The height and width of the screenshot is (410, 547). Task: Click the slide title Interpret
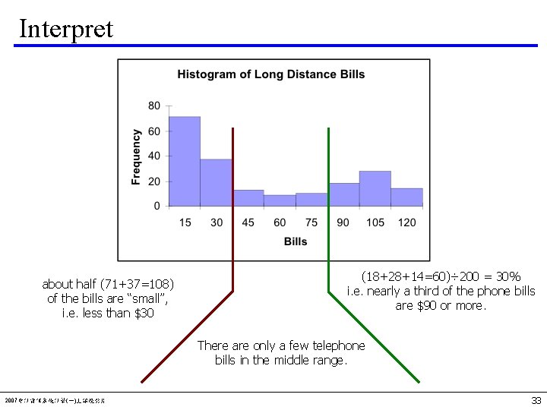coord(66,28)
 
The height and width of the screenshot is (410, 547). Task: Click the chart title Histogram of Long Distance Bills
coord(270,74)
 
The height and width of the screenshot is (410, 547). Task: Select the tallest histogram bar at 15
coord(185,161)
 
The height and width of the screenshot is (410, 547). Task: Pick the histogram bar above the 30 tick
coord(216,182)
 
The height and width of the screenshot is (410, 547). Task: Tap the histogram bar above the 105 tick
coord(375,188)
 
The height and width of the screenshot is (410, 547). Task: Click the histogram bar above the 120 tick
coord(406,197)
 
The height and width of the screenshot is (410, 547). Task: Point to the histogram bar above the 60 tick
coord(280,200)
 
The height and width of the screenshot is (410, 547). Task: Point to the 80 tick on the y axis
coord(154,106)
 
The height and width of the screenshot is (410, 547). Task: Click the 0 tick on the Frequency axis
coord(157,206)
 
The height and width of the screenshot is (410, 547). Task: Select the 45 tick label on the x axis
coord(248,222)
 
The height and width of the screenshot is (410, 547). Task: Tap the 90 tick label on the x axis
coord(343,222)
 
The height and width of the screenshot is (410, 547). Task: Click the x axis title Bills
coord(296,241)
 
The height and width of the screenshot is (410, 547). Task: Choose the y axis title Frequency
coord(137,156)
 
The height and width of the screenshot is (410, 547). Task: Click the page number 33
coord(536,400)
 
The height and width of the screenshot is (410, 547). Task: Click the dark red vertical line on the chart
coord(232,205)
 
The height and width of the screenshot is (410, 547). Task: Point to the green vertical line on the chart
coord(328,205)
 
